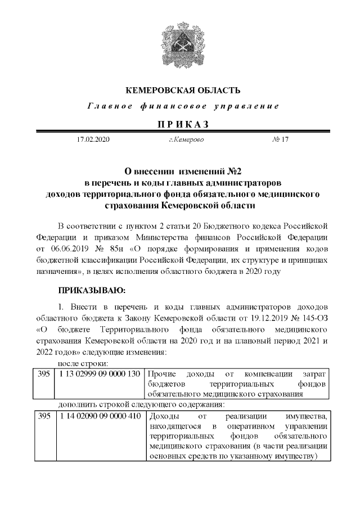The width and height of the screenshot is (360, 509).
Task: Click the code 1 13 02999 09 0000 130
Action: point(98,374)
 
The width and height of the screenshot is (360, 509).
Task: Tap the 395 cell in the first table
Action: point(43,374)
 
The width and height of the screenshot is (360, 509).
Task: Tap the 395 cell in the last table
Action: point(43,417)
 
